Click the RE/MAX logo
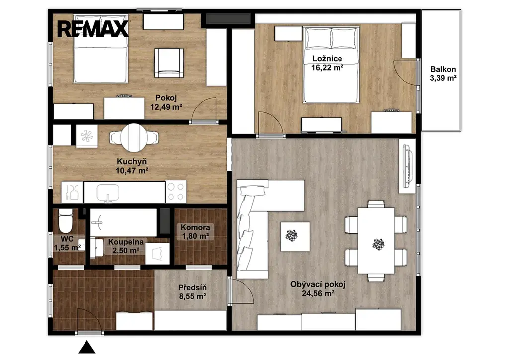click(93, 29)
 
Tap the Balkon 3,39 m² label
click(443, 74)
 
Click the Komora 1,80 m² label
click(195, 232)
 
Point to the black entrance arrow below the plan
click(86, 347)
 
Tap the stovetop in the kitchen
click(175, 191)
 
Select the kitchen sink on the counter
click(108, 192)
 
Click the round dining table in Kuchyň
click(133, 137)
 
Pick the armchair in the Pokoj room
click(169, 63)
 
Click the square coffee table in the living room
click(295, 236)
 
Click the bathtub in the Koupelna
click(123, 222)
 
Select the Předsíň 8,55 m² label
click(192, 292)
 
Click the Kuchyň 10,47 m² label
click(132, 166)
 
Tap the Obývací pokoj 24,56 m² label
click(318, 289)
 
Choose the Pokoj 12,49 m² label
click(166, 102)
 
